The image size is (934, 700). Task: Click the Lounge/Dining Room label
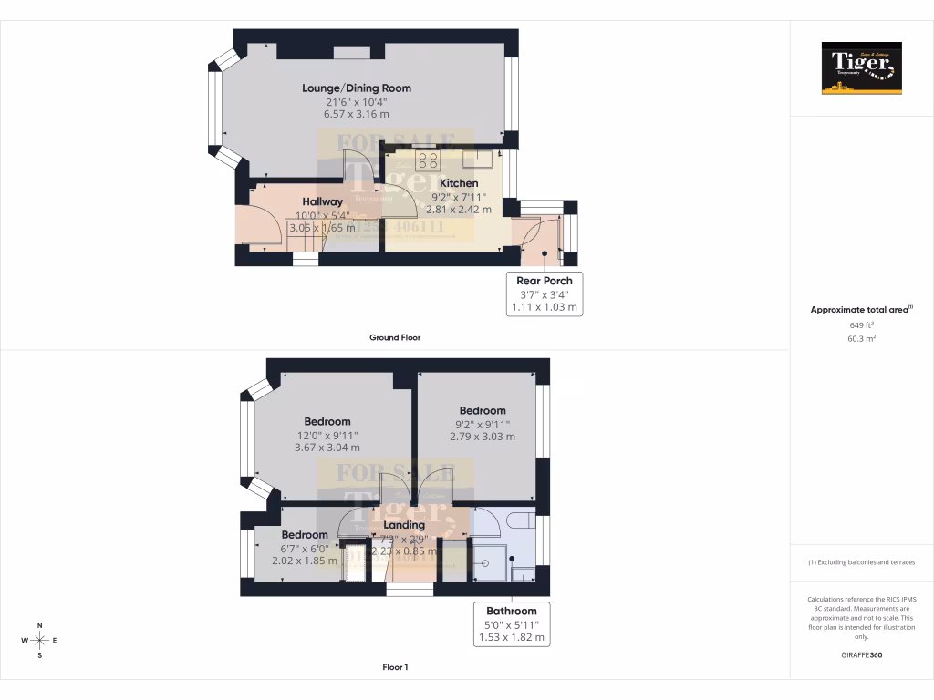[x=357, y=88]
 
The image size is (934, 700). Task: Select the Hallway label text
[x=323, y=201]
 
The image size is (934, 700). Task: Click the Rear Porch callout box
[x=544, y=293]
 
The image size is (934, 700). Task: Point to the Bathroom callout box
[x=511, y=624]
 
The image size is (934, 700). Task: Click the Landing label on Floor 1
[x=403, y=525]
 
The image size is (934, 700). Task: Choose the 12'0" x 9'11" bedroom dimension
[x=327, y=436]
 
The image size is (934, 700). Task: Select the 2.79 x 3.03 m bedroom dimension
[x=482, y=437]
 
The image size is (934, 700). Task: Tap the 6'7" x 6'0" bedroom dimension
[x=305, y=549]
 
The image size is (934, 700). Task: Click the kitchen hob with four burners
[x=428, y=160]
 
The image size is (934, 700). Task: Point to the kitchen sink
[x=477, y=160]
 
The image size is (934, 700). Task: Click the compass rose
[x=39, y=640]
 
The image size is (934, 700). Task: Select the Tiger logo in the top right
[x=861, y=68]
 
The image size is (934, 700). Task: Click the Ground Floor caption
[x=394, y=337]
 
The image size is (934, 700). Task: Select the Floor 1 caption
[x=394, y=667]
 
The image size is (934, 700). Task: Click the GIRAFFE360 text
[x=861, y=654]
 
